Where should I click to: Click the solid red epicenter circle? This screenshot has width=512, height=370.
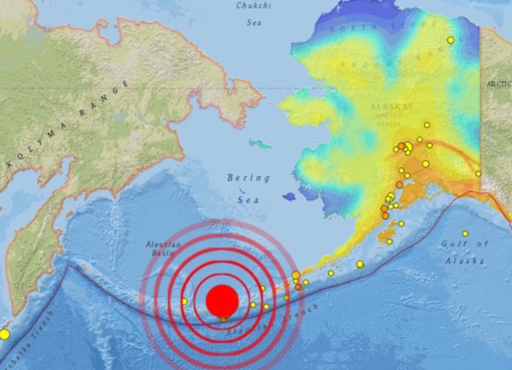point(222,300)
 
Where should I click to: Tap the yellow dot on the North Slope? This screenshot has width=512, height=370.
point(451,40)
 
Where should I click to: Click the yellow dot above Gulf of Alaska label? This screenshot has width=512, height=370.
point(465,233)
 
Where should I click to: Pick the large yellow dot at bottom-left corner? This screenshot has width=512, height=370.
point(4,334)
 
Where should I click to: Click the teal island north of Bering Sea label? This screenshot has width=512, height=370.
point(260,144)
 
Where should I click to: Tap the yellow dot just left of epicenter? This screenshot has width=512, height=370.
point(184,301)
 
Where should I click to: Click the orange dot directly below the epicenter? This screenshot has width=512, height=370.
point(223,320)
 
